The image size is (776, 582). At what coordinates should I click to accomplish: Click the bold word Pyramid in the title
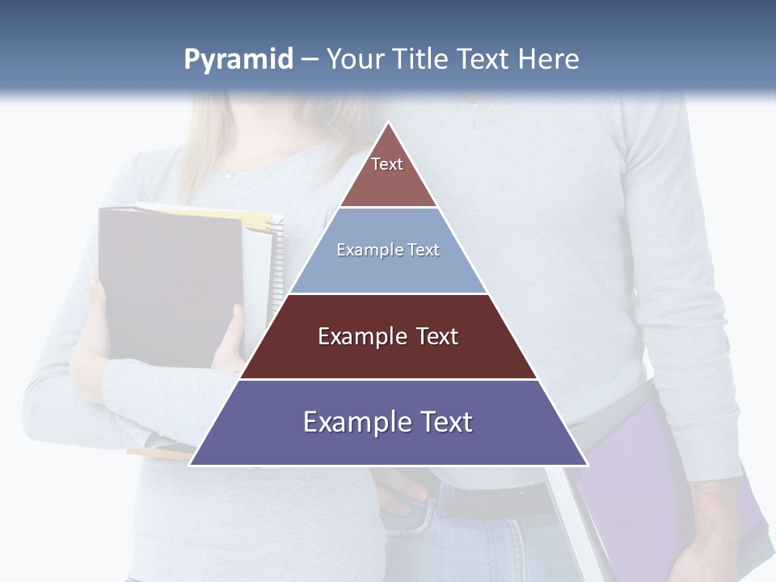(x=238, y=60)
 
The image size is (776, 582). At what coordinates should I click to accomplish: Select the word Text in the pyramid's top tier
(x=387, y=164)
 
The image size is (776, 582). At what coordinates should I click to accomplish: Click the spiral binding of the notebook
(x=277, y=259)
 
